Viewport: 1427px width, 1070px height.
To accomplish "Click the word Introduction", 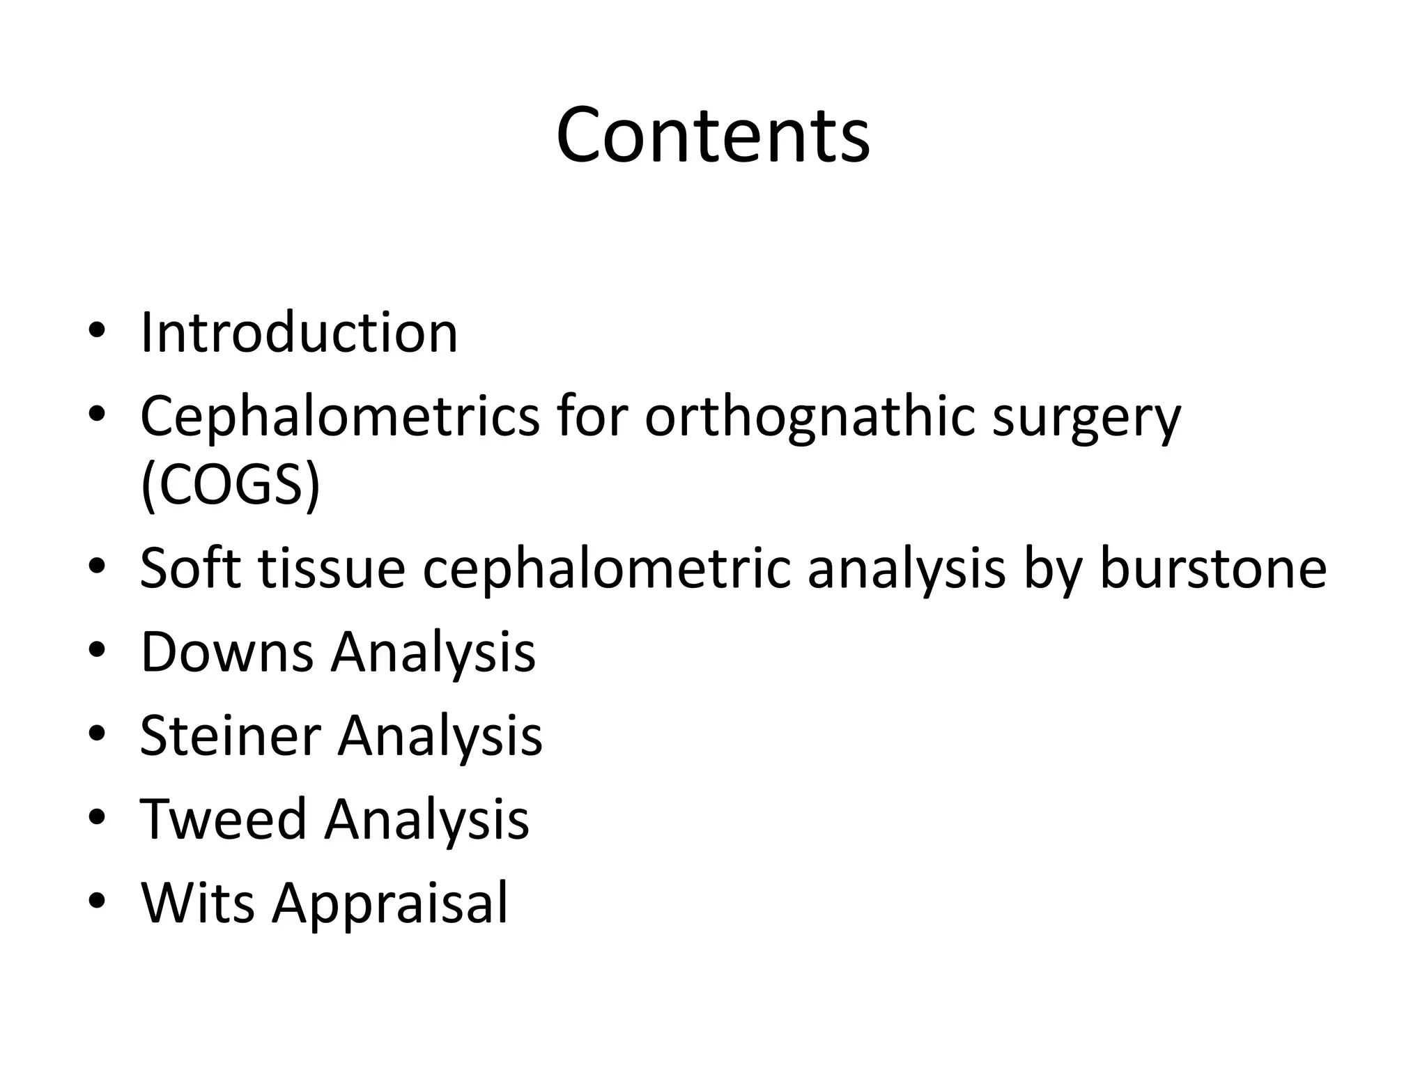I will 299,332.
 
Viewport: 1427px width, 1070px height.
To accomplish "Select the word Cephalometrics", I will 339,416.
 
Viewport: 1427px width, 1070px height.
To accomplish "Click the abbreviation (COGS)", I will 230,486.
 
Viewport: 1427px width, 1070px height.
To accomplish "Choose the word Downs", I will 227,652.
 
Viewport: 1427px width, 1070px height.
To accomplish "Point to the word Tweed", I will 223,819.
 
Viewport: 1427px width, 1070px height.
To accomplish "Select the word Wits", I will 197,903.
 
